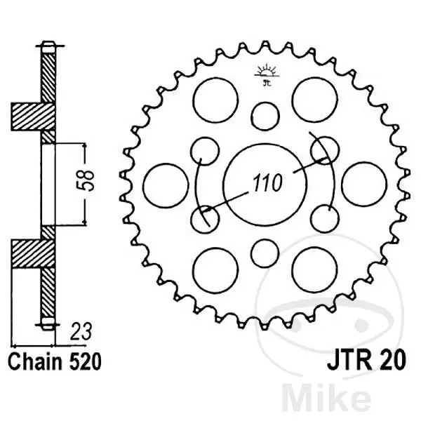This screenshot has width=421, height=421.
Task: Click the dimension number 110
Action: coord(268,183)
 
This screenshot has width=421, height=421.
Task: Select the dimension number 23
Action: coord(81,332)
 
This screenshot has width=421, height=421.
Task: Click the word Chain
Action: coord(35,361)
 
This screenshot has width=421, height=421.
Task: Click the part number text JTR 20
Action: coord(366,361)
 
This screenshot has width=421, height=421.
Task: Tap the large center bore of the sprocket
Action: coord(265,185)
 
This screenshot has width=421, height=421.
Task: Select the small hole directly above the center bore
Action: coord(265,116)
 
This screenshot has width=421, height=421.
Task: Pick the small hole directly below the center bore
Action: coord(265,253)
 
